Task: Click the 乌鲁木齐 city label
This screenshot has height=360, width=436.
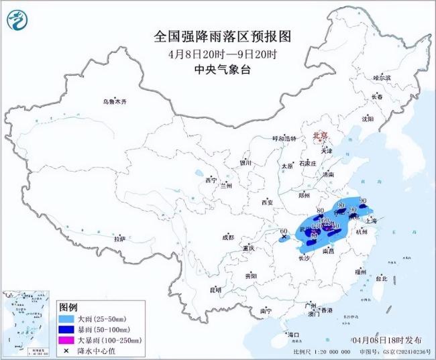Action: (x=114, y=101)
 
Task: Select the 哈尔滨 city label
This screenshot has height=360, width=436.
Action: (x=382, y=78)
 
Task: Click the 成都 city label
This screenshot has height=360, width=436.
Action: (x=227, y=237)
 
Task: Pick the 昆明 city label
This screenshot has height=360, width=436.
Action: (x=215, y=290)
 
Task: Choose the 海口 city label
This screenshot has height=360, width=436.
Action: (x=293, y=334)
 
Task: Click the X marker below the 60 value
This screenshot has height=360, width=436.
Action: (x=284, y=237)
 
